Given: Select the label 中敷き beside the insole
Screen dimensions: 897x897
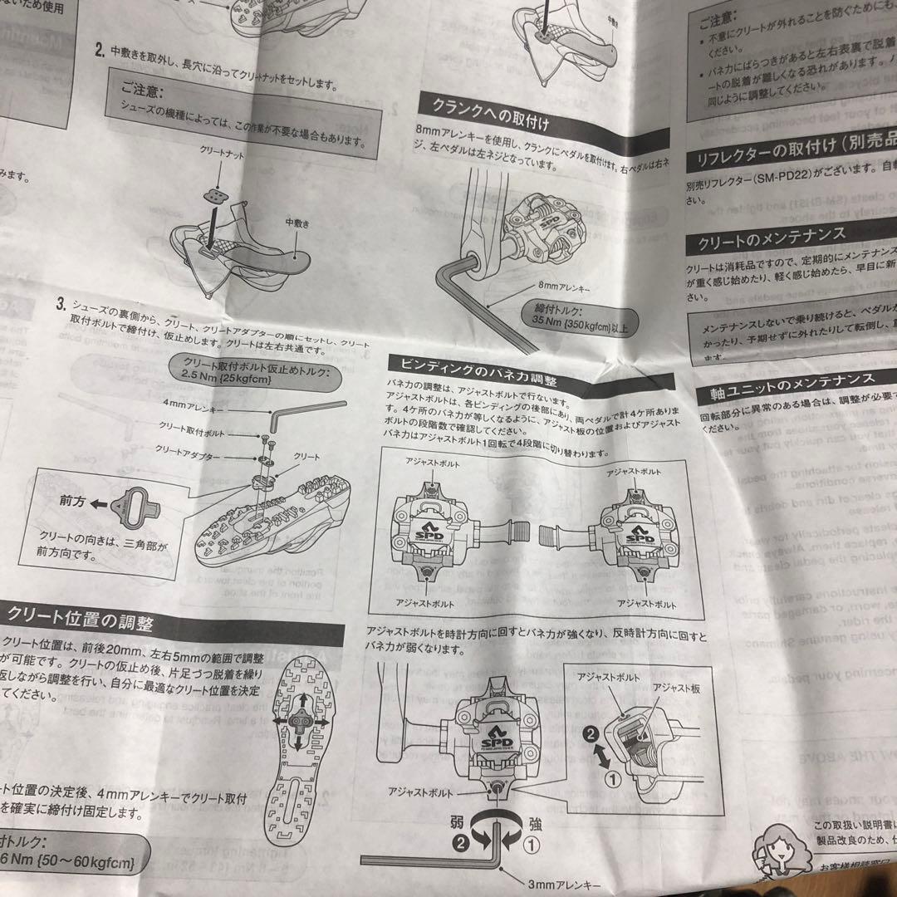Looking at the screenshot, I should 297,223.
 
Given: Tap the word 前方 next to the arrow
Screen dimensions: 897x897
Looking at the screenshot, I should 72,504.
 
